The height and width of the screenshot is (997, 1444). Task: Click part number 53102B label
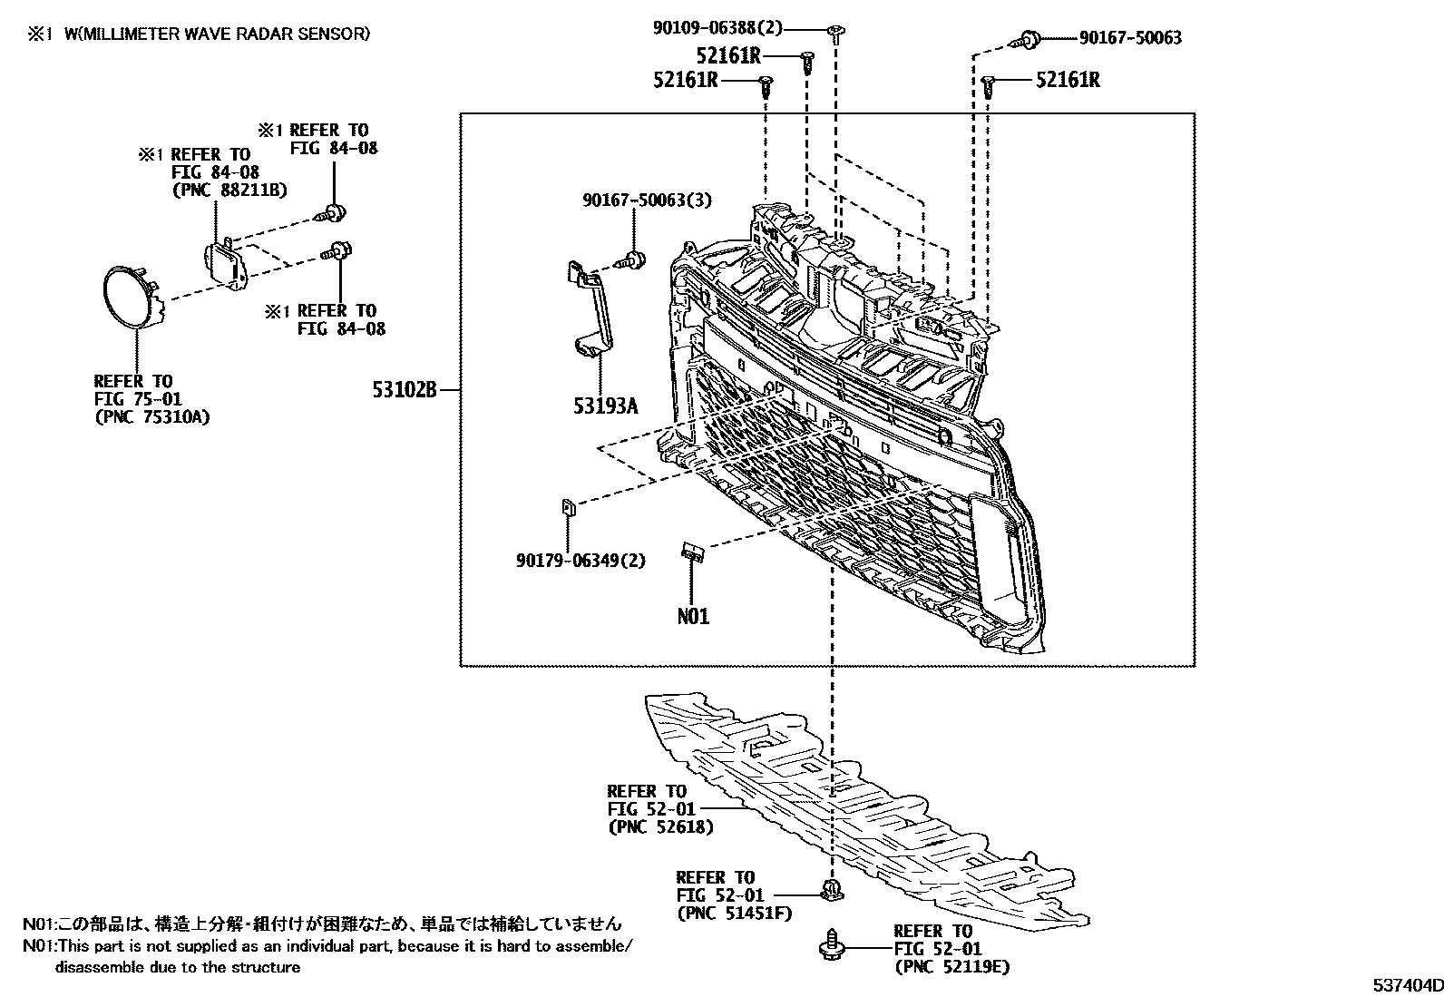[x=404, y=390]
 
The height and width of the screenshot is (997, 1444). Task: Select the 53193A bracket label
[x=605, y=406]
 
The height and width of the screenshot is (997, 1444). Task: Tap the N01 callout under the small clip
[x=693, y=616]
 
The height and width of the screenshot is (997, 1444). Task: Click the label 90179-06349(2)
[x=581, y=561]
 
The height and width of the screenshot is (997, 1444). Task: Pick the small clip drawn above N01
[x=693, y=551]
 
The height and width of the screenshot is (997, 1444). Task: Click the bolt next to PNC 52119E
[x=831, y=947]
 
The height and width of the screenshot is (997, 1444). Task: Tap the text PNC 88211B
[x=229, y=189]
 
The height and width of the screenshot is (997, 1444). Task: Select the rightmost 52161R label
[x=1068, y=80]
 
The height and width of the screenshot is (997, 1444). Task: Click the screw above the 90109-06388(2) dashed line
[x=836, y=34]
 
